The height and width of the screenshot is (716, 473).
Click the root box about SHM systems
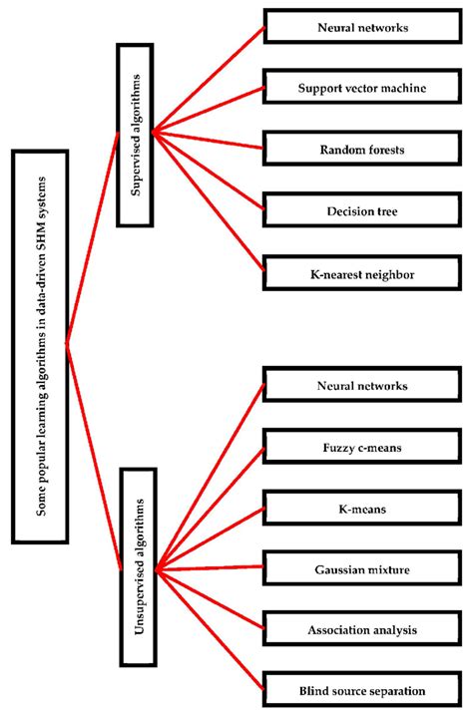[40, 346]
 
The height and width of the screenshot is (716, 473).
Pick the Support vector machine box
[361, 89]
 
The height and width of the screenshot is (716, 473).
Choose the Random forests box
[361, 148]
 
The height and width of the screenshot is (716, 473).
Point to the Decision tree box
[361, 210]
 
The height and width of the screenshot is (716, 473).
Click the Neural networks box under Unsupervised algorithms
[361, 384]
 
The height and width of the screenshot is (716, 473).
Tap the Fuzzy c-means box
[361, 448]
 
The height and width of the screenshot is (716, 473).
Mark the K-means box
[361, 509]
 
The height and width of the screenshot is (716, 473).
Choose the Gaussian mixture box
[361, 569]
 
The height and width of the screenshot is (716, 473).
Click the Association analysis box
[361, 629]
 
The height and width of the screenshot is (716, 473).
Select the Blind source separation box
[361, 689]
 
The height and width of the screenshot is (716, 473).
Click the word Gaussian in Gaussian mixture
[340, 569]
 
